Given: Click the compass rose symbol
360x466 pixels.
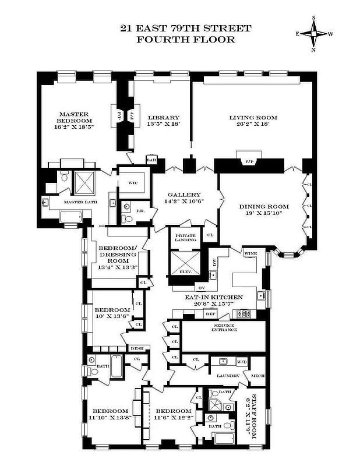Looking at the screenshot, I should pos(315,34).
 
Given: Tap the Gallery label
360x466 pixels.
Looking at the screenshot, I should pos(184,195).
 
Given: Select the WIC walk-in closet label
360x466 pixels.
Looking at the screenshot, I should pos(133,182).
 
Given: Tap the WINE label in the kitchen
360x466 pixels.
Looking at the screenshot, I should pos(250,254).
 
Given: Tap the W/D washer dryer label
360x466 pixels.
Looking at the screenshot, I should pos(241,362).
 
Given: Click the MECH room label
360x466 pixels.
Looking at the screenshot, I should pos(257,376).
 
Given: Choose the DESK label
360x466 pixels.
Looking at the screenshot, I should pos(137,348).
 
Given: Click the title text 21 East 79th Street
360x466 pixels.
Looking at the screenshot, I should pos(186,28).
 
